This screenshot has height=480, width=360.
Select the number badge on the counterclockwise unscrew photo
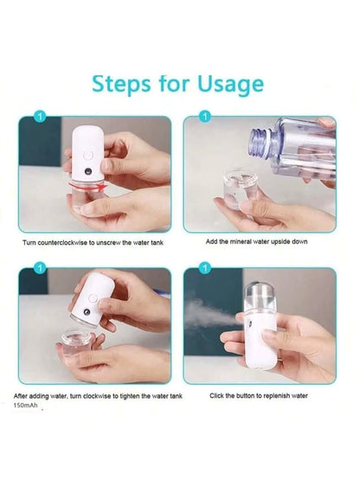pyautogui.click(x=37, y=114)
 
